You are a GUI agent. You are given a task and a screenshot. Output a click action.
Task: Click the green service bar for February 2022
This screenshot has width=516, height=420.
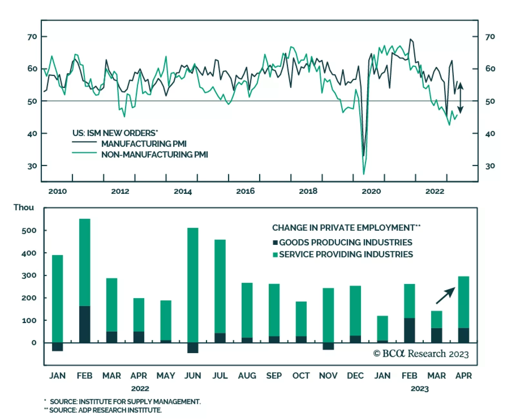coord(84,262)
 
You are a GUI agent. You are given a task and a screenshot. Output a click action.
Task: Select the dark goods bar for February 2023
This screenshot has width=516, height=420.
coord(409,330)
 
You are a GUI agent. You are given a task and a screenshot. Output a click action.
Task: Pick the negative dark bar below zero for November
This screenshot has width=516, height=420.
coord(328,346)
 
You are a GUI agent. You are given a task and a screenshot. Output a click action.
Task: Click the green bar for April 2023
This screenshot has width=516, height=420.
coord(463,302)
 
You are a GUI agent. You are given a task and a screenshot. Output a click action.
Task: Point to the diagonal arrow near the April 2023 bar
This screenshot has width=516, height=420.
coord(445,296)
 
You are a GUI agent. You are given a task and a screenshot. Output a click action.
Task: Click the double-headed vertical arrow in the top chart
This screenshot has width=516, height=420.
coord(461,98)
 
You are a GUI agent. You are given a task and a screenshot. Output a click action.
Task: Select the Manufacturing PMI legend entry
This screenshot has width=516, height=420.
coord(144,143)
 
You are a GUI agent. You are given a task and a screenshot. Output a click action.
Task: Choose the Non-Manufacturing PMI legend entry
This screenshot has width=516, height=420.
coord(154,154)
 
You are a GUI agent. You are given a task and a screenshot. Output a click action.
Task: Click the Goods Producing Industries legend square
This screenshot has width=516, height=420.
coord(275,243)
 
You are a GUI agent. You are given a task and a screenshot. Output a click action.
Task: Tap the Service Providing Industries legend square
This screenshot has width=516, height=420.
coord(275,255)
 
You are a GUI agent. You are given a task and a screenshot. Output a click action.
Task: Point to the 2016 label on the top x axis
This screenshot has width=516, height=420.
coord(245,191)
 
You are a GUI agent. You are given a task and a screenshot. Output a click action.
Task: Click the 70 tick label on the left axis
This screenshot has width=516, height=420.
coord(32,37)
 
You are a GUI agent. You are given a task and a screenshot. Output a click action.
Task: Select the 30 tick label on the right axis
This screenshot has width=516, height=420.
coord(490,166)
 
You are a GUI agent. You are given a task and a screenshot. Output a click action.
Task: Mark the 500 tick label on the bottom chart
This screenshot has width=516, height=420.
coord(29,230)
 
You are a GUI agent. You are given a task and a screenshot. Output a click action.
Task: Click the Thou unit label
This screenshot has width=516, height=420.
coord(24,207)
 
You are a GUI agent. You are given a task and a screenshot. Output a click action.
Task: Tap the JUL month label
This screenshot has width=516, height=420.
coord(220,376)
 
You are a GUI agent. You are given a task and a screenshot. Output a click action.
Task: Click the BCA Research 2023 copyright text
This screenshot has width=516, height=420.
coord(421,354)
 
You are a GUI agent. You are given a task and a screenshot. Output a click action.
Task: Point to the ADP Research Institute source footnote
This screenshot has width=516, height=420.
coord(103,410)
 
